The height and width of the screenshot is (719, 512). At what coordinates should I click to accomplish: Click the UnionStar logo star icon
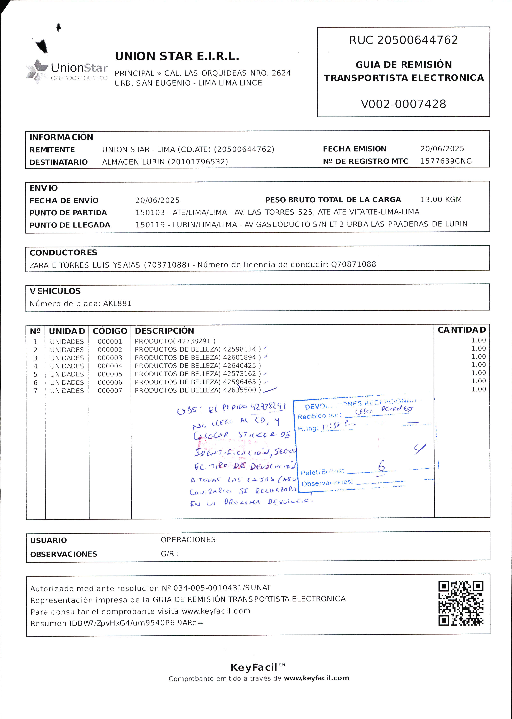[x=37, y=71]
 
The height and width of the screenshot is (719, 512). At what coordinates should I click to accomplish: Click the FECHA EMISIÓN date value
[x=442, y=149]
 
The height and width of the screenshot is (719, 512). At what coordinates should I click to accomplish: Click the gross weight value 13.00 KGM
[x=441, y=199]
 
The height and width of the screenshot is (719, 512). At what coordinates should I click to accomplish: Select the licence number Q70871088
[x=354, y=264]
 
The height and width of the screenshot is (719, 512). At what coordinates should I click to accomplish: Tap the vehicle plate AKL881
[x=117, y=304]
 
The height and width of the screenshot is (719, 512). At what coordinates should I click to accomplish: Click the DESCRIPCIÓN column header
[x=164, y=331]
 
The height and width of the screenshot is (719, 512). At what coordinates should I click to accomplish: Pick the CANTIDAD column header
[x=461, y=330]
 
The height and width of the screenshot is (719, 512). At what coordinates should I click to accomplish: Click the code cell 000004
[x=110, y=366]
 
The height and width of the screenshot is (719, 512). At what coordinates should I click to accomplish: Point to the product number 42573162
[x=239, y=374]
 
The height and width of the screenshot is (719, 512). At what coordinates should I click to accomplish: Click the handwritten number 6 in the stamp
[x=381, y=466]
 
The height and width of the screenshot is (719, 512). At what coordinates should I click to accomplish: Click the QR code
[x=461, y=603]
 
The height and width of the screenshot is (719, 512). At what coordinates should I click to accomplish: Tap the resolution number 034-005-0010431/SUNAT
[x=222, y=588]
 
